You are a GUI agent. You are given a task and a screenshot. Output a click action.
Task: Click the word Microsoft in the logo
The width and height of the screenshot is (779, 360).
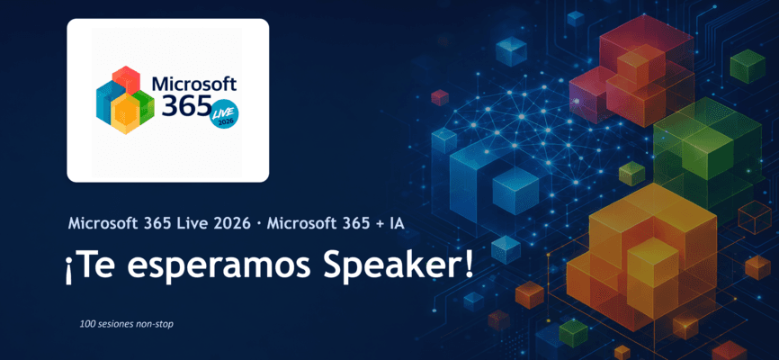(194, 83)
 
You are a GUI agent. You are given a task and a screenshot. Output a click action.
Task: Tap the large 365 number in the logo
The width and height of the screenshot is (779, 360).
(185, 105)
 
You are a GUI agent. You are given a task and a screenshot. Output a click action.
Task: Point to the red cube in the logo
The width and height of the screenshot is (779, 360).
(125, 79)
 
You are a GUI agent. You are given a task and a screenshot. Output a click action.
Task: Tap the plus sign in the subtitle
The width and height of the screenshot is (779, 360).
(381, 224)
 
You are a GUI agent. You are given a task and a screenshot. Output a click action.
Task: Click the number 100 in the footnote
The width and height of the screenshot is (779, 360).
(86, 324)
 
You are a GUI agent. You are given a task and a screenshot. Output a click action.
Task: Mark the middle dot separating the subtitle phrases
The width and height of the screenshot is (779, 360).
(259, 224)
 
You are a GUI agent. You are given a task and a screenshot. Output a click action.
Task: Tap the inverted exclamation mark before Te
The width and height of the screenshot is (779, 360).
(68, 271)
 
